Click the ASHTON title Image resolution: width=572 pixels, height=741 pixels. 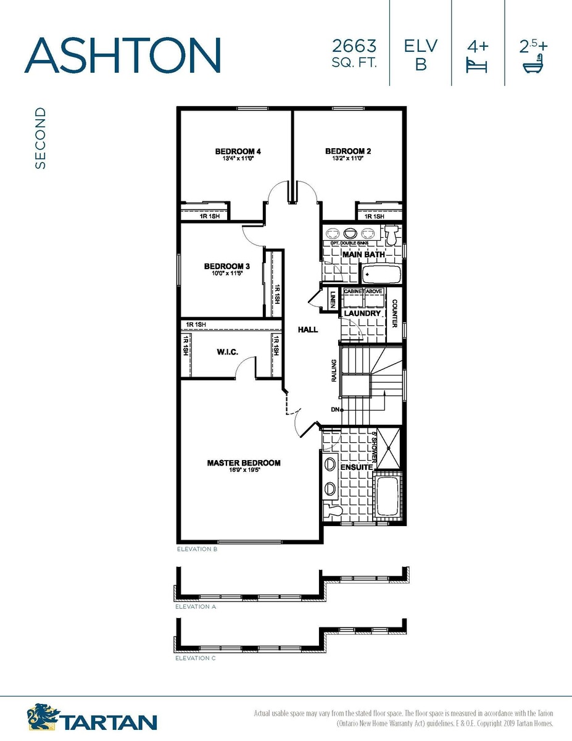pos(122,55)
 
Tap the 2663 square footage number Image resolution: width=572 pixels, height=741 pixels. pos(354,46)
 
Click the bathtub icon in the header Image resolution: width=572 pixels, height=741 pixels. pos(534,64)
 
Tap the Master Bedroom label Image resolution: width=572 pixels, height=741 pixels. pos(244,463)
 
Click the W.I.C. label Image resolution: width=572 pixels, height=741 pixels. pos(228,352)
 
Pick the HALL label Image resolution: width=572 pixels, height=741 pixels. pos(308,330)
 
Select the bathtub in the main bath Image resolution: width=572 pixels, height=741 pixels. pos(381,274)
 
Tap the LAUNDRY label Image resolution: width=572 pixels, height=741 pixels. pos(362,313)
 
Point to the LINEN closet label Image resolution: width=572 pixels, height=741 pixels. pos(333,299)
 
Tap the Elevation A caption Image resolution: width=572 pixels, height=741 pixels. pos(196,607)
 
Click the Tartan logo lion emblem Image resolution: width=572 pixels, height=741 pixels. pos(43,716)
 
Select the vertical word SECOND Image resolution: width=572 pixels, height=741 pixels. pos(40,138)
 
